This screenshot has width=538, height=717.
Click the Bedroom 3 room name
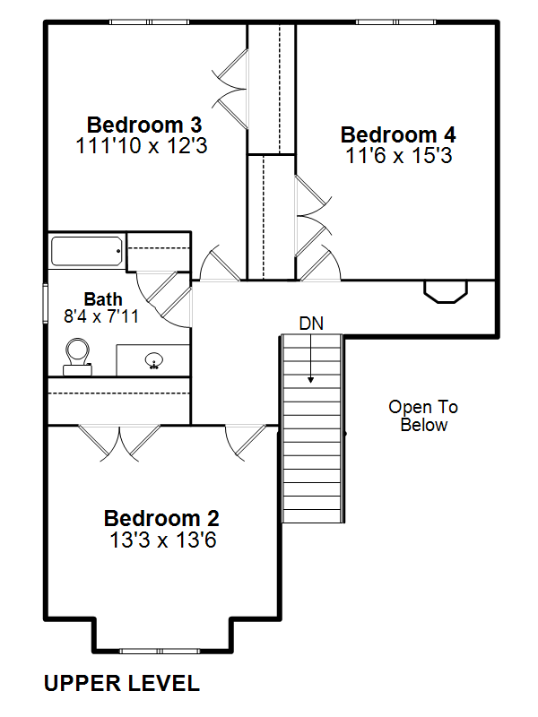(x=144, y=125)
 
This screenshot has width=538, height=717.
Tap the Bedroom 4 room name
(x=398, y=135)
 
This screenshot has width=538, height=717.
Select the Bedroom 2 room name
(x=161, y=519)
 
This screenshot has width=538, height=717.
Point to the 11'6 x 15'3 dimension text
(x=399, y=155)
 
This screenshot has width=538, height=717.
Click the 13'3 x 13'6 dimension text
(x=163, y=540)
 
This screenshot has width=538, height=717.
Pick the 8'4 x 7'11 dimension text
(x=101, y=316)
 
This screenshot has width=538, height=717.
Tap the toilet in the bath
(x=77, y=357)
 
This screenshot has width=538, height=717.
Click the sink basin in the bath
(x=154, y=361)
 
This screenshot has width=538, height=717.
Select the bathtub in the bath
(x=86, y=251)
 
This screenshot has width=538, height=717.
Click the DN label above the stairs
(x=311, y=324)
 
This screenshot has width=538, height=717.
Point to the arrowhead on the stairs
(x=310, y=379)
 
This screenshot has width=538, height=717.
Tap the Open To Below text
(x=423, y=416)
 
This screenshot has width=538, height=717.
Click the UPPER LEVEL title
(x=122, y=683)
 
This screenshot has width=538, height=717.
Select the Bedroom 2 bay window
(x=160, y=651)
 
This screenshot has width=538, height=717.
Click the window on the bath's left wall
(x=46, y=303)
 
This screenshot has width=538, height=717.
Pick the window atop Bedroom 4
(x=395, y=22)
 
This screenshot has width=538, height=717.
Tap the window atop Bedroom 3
(x=149, y=22)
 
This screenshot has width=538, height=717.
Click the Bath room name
(x=103, y=299)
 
